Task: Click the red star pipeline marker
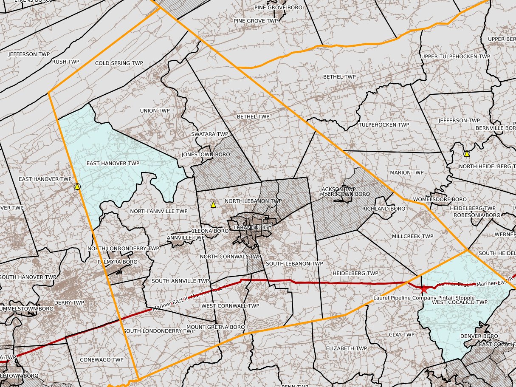pyautogui.click(x=423, y=289)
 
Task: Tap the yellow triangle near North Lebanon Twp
pyautogui.click(x=213, y=205)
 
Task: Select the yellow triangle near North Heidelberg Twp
pyautogui.click(x=467, y=154)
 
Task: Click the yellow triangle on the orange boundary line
pyautogui.click(x=77, y=186)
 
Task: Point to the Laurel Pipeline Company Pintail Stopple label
pyautogui.click(x=424, y=298)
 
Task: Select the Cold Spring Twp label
pyautogui.click(x=119, y=63)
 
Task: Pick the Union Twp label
pyautogui.click(x=155, y=111)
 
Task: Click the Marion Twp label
pyautogui.click(x=406, y=173)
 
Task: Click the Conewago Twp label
pyautogui.click(x=102, y=360)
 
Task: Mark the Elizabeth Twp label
pyautogui.click(x=346, y=348)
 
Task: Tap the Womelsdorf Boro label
pyautogui.click(x=434, y=199)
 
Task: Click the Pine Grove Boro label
pyautogui.click(x=278, y=8)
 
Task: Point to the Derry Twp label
pyautogui.click(x=69, y=303)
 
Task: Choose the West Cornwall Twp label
pyautogui.click(x=230, y=306)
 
